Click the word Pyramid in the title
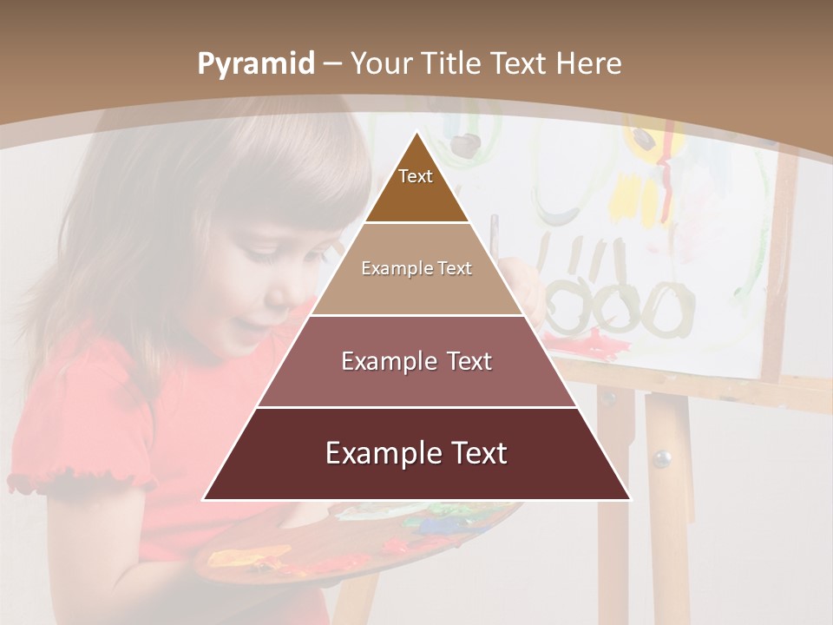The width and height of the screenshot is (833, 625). point(256,64)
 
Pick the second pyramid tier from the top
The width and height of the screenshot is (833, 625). point(416,269)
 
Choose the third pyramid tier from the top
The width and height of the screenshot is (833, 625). point(416,361)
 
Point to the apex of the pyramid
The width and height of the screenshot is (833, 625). point(416,135)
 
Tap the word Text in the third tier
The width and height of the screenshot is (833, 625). point(469,361)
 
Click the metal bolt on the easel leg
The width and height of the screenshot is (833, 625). point(662,457)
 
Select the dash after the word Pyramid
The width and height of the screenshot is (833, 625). point(331,64)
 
